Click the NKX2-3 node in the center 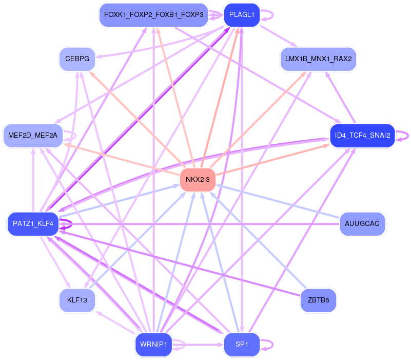tap(198, 179)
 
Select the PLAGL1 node tap(242, 15)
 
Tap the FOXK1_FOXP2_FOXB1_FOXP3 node tap(154, 15)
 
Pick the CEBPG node tap(77, 59)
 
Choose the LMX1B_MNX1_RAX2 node tap(318, 59)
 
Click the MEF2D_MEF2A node tap(33, 136)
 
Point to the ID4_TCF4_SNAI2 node tap(362, 136)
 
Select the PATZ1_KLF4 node tap(33, 223)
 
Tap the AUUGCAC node tap(362, 223)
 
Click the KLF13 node tap(77, 299)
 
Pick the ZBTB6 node tap(318, 299)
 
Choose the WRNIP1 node tap(153, 344)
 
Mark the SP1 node tap(242, 344)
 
